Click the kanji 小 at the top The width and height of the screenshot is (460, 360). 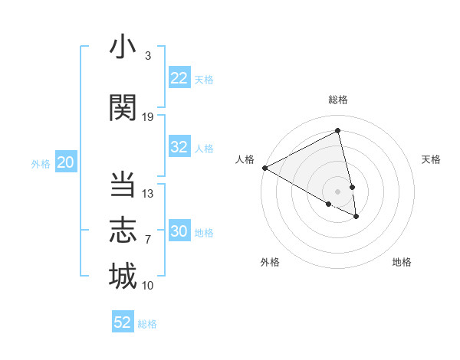click(x=123, y=47)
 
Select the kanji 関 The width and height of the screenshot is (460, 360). click(x=123, y=108)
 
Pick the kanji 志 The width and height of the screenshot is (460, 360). click(x=123, y=231)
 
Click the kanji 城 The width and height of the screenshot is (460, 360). click(x=123, y=276)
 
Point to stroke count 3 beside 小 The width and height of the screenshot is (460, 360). click(x=147, y=56)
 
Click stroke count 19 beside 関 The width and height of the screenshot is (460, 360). click(x=148, y=117)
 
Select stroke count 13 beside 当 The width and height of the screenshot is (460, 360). click(x=148, y=194)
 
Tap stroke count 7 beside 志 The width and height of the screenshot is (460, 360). click(x=147, y=240)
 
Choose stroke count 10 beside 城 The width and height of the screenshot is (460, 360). click(x=148, y=286)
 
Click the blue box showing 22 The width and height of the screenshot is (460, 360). click(x=179, y=78)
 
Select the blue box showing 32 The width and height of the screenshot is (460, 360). click(x=179, y=147)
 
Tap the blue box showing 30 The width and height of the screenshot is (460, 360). click(x=179, y=231)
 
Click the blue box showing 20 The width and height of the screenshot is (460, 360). click(x=66, y=162)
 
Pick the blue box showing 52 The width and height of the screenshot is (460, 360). click(x=123, y=322)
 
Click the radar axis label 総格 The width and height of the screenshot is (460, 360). click(x=338, y=100)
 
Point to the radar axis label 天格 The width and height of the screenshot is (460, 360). click(x=432, y=159)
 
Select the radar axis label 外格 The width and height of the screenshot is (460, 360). click(x=270, y=262)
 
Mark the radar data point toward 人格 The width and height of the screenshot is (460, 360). click(x=264, y=168)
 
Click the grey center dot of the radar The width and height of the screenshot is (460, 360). click(x=337, y=191)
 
